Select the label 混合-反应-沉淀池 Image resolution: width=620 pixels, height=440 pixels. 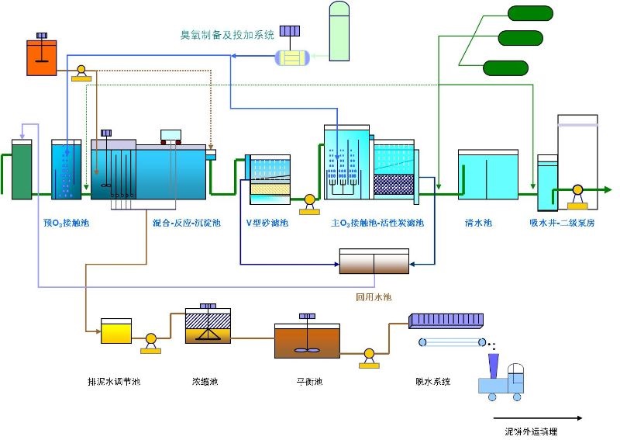(187, 223)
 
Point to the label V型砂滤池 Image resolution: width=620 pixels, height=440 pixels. (267, 223)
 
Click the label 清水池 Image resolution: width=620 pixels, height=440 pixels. (478, 223)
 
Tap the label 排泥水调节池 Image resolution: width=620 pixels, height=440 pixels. (114, 382)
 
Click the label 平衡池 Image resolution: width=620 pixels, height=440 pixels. (308, 382)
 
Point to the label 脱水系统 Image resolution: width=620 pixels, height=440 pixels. (433, 382)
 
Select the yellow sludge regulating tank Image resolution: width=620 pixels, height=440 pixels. (116, 331)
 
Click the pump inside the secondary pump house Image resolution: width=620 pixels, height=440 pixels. (577, 191)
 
